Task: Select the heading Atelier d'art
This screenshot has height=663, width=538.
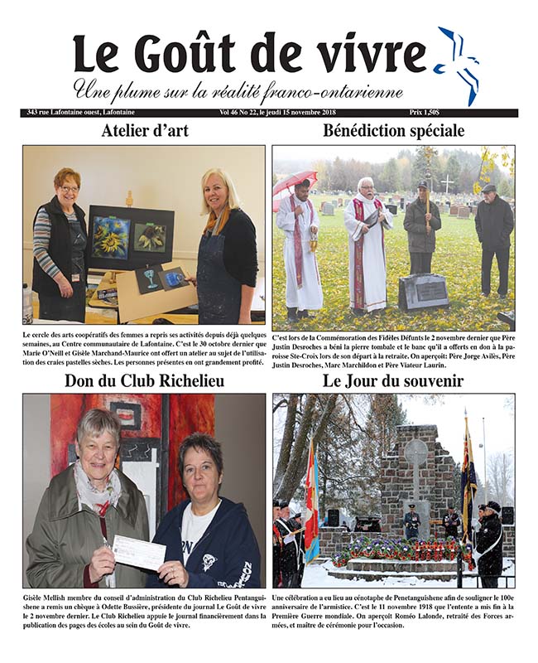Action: click(x=144, y=131)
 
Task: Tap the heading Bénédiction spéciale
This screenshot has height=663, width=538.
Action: click(x=393, y=131)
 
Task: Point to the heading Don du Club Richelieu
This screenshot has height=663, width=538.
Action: click(x=143, y=381)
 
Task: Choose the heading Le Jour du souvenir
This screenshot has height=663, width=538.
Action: click(x=393, y=381)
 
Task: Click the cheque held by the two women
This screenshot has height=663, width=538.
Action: click(x=138, y=553)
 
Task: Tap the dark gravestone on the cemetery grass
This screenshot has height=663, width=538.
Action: click(x=423, y=293)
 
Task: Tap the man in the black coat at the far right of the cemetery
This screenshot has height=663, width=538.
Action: click(x=493, y=240)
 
